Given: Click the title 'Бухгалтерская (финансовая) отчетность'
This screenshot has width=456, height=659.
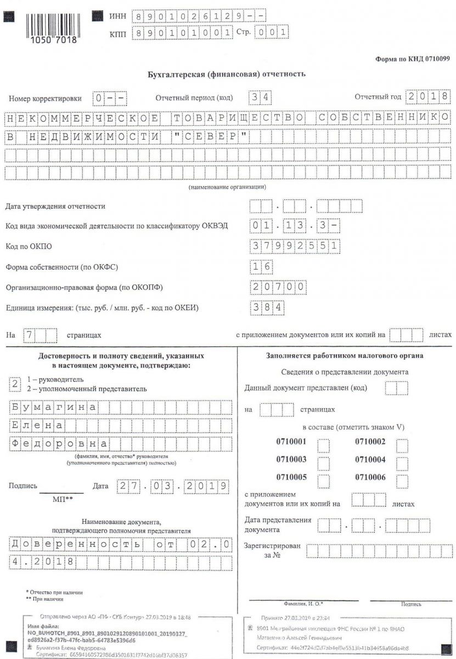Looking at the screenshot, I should tap(227, 74).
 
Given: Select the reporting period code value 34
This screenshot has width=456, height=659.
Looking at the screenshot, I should tap(260, 98).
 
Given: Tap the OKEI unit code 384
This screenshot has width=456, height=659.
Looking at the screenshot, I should tap(268, 308).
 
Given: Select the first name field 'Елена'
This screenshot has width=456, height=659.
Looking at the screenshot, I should tap(38, 426).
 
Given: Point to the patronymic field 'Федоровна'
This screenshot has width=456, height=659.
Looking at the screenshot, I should tap(59, 444).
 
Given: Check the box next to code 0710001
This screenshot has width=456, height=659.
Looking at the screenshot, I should tap(324, 443).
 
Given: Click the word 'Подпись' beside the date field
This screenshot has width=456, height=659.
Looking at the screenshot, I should tap(22, 486).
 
